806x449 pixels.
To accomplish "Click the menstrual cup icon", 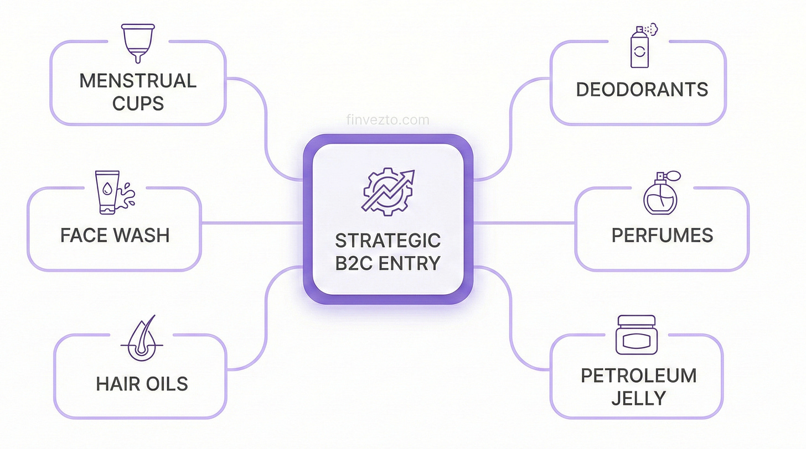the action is (x=138, y=42).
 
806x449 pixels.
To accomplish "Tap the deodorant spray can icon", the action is (x=641, y=46).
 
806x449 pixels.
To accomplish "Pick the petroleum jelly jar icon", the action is (x=635, y=335).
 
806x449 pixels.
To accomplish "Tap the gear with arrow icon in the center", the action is (x=387, y=190).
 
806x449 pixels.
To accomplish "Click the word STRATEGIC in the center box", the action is (x=387, y=241).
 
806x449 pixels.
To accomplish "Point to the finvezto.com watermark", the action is (x=387, y=120).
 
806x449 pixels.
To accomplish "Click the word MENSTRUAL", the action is (x=138, y=81).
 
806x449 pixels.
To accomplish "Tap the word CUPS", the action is (x=138, y=103).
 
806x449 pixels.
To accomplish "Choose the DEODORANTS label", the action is (x=642, y=90).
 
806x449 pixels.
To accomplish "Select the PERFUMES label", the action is (x=662, y=236).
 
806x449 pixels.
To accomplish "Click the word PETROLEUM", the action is (x=638, y=376).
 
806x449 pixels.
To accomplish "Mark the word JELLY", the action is (x=638, y=398).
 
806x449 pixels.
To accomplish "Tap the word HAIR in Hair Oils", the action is (x=118, y=384).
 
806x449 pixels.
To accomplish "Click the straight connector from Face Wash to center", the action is (x=252, y=223).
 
